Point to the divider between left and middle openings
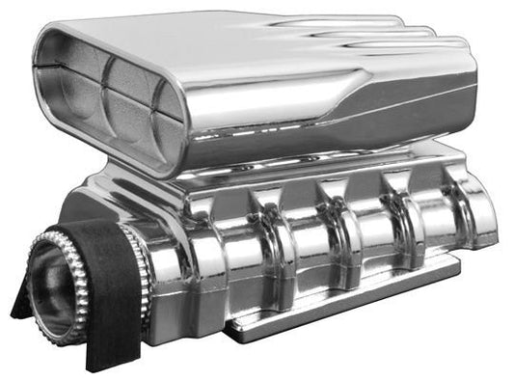[98, 85]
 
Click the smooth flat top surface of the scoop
[193, 39]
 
